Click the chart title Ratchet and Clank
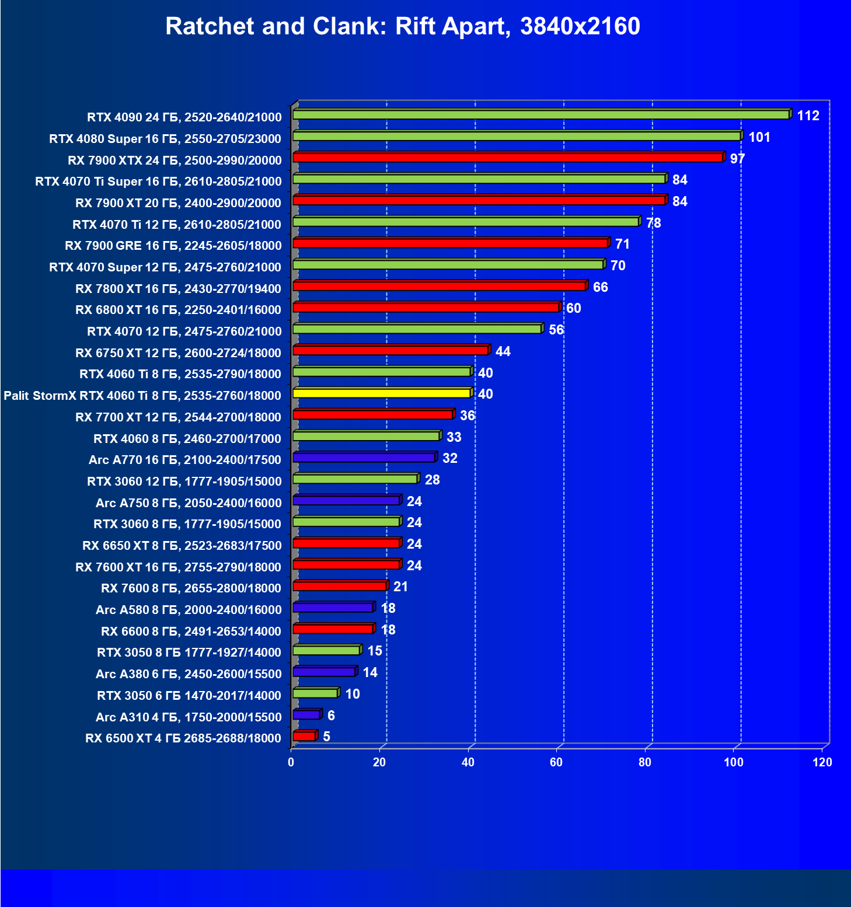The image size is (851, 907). [x=402, y=26]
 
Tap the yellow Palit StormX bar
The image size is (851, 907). [x=381, y=393]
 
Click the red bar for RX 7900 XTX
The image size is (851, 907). [x=507, y=158]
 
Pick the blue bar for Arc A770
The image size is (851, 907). [x=364, y=458]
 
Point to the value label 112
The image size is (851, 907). [x=808, y=116]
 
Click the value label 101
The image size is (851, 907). [x=759, y=137]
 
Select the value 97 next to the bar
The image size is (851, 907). [x=737, y=159]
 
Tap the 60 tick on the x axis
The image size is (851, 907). [x=556, y=762]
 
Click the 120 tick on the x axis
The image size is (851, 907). [x=822, y=762]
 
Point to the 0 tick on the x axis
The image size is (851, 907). [x=291, y=762]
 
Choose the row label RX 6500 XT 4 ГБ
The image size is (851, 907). [x=183, y=738]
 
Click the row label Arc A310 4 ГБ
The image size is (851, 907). [x=189, y=717]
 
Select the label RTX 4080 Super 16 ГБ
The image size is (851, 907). [x=165, y=139]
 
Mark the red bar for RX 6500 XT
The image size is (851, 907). [x=304, y=736]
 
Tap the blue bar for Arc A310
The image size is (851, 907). [x=306, y=714]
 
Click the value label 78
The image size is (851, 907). [x=653, y=223]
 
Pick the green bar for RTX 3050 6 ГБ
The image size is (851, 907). [x=315, y=693]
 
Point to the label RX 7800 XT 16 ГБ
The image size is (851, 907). [x=178, y=289]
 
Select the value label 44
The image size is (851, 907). [x=503, y=351]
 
